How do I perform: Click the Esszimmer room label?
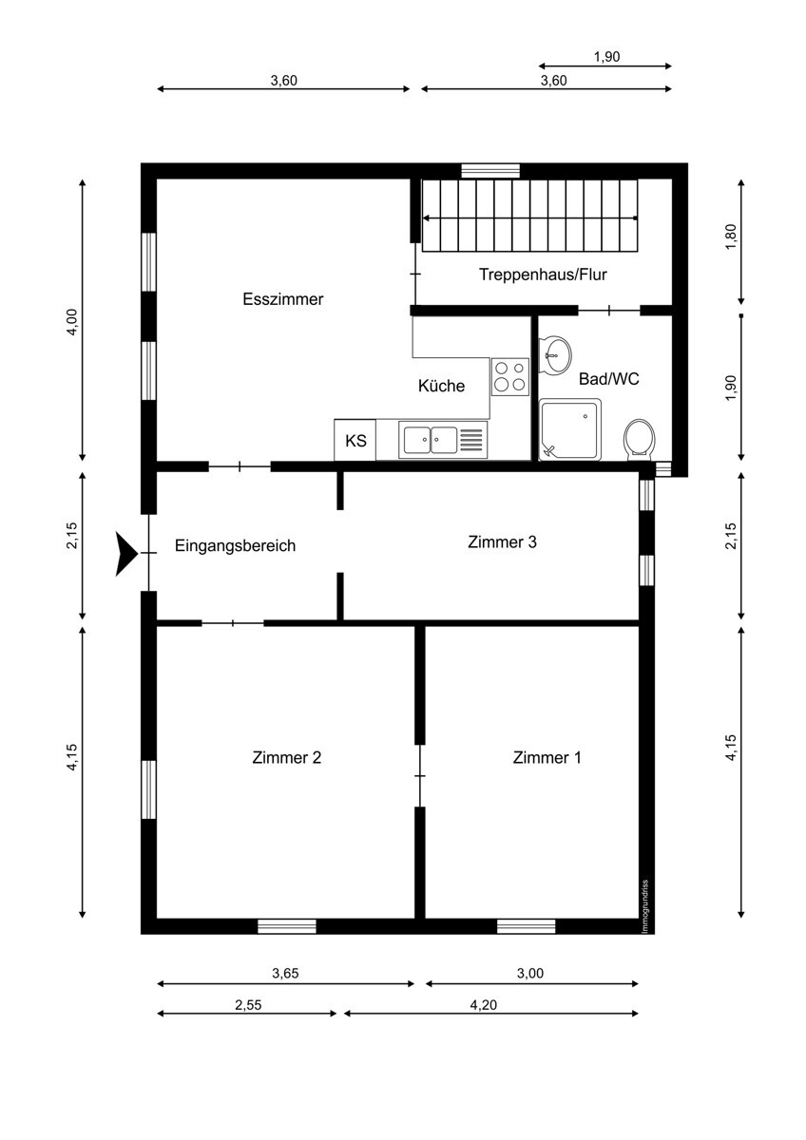pos(282,298)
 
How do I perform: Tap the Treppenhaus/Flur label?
pos(543,275)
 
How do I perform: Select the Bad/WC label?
pos(608,379)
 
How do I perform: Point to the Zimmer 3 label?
pos(502,542)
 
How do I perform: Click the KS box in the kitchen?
pos(355,440)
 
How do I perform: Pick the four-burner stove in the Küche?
pos(510,377)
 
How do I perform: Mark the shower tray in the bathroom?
pos(570,430)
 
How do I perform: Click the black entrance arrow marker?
pos(126,554)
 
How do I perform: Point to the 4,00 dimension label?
pos(72,322)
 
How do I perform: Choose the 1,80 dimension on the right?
pos(731,237)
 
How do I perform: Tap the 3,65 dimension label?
pos(285,973)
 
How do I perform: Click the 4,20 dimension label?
pos(483,1005)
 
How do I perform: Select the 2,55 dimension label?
pos(248,1005)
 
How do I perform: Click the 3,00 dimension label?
pos(530,973)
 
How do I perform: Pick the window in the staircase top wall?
pos(490,170)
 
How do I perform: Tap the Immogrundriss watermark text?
pos(645,906)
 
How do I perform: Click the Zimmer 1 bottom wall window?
pos(526,926)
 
